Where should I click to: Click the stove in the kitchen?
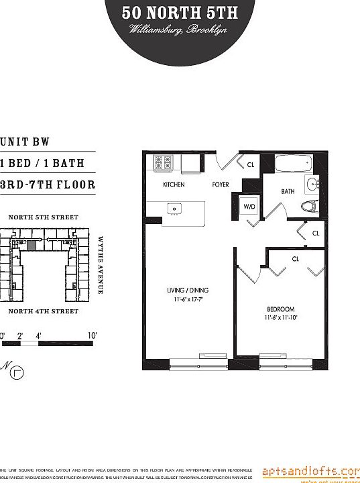pyautogui.click(x=164, y=162)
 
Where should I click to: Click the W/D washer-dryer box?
pyautogui.click(x=248, y=206)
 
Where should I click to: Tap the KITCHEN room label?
pyautogui.click(x=174, y=184)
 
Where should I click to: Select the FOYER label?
pyautogui.click(x=221, y=184)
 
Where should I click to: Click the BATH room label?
pyautogui.click(x=288, y=191)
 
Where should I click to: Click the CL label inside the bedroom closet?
pyautogui.click(x=295, y=258)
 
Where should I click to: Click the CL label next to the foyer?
pyautogui.click(x=251, y=164)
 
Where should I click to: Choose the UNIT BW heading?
pyautogui.click(x=25, y=142)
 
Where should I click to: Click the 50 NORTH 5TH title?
pyautogui.click(x=180, y=12)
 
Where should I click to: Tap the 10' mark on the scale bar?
pyautogui.click(x=91, y=335)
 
